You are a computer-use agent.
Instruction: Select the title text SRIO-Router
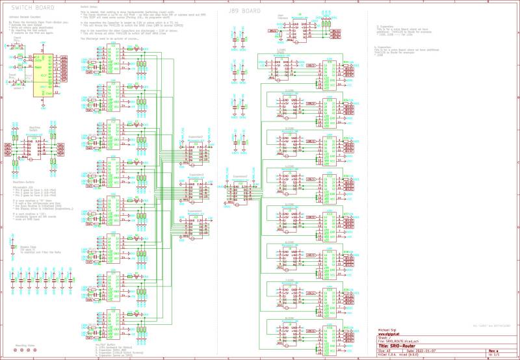coord(395,346)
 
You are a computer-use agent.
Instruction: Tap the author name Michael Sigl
coord(387,330)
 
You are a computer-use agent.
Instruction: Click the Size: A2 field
coord(383,350)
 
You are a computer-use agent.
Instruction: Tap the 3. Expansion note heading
coord(385,27)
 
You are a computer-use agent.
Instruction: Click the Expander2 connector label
coord(196,136)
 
